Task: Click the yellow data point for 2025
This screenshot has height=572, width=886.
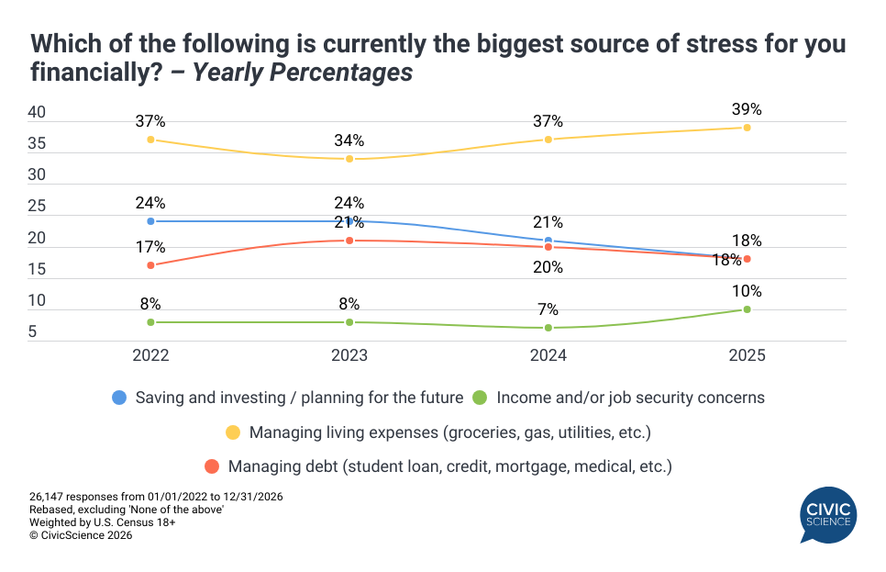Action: pos(747,128)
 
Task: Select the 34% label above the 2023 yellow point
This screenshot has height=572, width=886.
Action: pos(349,140)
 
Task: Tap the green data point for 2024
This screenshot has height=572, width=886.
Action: pos(548,328)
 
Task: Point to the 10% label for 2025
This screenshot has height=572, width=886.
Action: pos(747,291)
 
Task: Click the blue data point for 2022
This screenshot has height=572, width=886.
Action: pos(150,221)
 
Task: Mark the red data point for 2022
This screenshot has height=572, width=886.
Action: pos(150,265)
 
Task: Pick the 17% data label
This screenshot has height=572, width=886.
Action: pos(150,247)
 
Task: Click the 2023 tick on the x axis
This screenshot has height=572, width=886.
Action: pos(349,355)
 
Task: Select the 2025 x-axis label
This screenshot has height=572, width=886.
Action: pos(747,355)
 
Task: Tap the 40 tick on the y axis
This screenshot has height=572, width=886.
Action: pos(38,112)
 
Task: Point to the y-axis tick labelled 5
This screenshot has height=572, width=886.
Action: pos(32,331)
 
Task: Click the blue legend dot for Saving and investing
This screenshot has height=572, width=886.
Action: pos(118,398)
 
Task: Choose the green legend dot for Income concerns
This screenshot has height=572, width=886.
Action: pos(479,398)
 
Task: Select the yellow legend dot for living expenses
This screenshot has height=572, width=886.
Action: pos(233,432)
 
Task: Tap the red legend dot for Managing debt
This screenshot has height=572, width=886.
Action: pos(212,466)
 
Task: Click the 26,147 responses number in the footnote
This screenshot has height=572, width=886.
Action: pos(51,497)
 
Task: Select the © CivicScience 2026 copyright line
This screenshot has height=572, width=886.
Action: pos(81,535)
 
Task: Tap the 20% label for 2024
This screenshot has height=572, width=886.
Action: pos(548,267)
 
